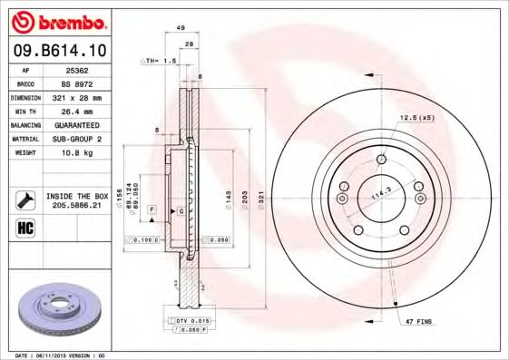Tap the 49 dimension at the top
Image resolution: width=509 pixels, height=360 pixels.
pos(181,27)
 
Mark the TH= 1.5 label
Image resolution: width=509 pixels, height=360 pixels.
pos(162,60)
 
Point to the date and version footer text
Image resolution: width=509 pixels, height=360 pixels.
pos(62,355)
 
